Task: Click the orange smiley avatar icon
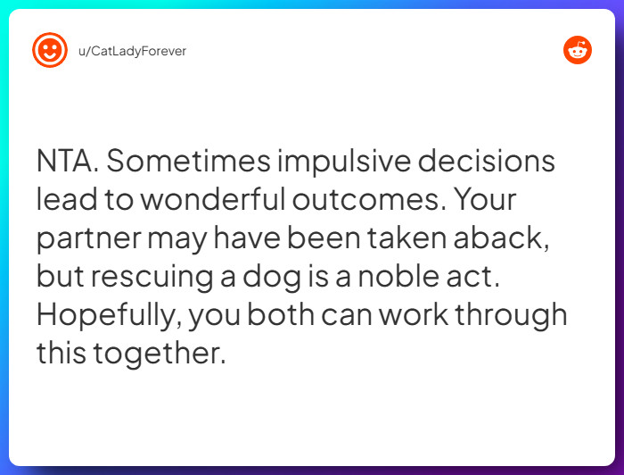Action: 50,50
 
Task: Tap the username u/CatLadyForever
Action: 133,51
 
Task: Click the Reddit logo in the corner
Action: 578,50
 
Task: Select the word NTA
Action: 68,162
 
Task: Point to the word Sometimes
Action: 187,162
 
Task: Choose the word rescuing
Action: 143,277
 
